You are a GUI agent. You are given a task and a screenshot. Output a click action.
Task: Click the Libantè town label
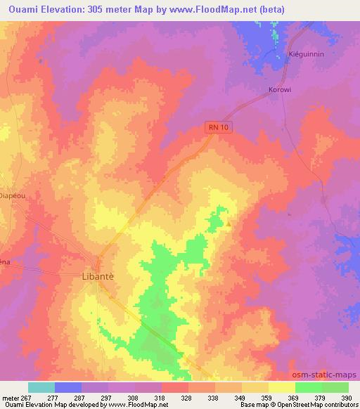94,277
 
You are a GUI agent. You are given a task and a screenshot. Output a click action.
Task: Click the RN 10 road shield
219,126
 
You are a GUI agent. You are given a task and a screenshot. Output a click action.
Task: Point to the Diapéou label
13,197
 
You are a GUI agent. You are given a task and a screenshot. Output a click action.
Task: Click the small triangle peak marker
229,224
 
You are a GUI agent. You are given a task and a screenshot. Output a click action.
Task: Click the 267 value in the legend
28,398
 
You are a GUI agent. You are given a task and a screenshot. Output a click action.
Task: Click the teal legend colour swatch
41,387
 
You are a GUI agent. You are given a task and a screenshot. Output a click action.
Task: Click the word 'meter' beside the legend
9,398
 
